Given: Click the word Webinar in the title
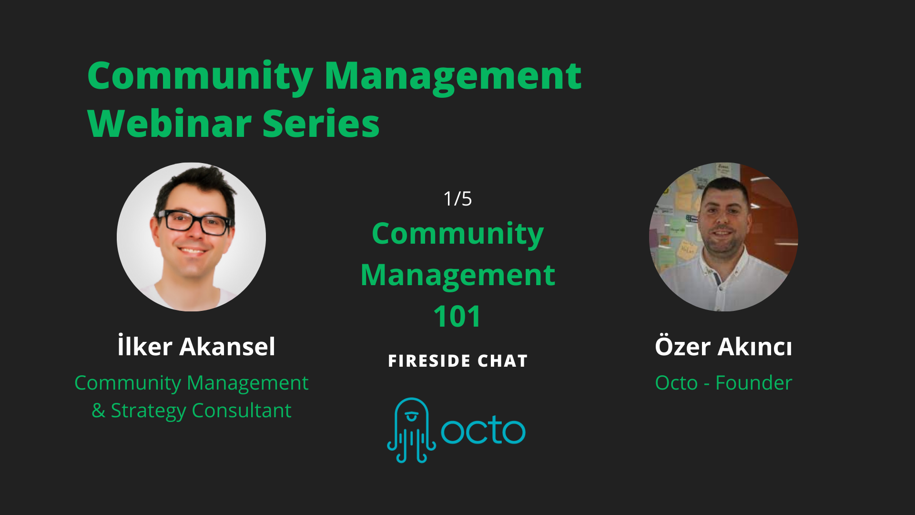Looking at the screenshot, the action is click(169, 124).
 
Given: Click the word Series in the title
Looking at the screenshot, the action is click(321, 124).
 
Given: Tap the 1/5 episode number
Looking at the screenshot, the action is click(457, 199).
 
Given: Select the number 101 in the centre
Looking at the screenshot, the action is click(457, 316).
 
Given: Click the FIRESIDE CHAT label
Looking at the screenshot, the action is click(457, 361).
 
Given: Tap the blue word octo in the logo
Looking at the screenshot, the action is click(483, 430).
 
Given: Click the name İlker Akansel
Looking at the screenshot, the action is click(196, 346).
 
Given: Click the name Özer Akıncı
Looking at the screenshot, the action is click(723, 346).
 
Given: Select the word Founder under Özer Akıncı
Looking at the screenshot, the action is click(753, 383).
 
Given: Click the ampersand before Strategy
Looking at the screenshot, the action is click(99, 411).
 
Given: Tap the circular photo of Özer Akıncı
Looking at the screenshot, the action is click(723, 237).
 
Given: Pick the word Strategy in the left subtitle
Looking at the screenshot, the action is click(148, 411).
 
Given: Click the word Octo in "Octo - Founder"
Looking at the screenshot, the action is click(676, 383).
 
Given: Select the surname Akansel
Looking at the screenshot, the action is click(227, 346).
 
